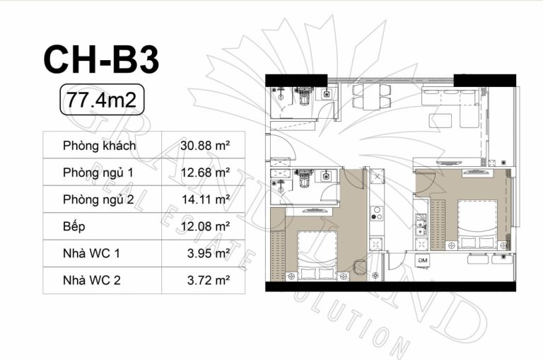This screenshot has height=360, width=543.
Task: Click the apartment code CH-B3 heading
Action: [x=102, y=59]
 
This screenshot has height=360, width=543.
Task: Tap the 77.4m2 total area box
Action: [x=102, y=100]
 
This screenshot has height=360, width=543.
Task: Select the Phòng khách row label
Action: [x=100, y=146]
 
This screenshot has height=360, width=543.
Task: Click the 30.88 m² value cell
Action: [x=205, y=146]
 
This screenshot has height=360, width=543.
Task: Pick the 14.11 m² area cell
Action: [x=206, y=199]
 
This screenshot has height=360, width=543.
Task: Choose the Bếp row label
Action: [x=74, y=226]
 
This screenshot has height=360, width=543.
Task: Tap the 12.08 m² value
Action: [x=205, y=226]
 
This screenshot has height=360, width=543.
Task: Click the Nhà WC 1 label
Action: [x=91, y=254]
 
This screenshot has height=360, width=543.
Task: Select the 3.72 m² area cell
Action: [x=209, y=280]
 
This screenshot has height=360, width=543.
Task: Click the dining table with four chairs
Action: [x=372, y=96]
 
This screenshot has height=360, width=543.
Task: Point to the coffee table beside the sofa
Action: [x=440, y=120]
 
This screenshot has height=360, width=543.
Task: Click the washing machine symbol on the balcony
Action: [x=423, y=260]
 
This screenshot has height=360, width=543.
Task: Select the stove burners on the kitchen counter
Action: [x=376, y=214]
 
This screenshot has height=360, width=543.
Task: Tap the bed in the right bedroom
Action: [x=478, y=224]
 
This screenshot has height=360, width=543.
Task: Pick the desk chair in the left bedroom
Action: [x=359, y=267]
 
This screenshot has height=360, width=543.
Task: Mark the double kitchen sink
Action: [x=421, y=224]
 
